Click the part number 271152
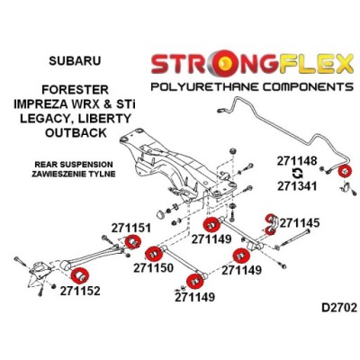click(x=80, y=291)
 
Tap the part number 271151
click(x=131, y=229)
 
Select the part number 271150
click(x=154, y=267)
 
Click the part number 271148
click(x=297, y=161)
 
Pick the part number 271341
click(x=297, y=186)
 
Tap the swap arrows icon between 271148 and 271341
click(x=297, y=174)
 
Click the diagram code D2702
click(x=339, y=308)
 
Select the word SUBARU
click(x=75, y=60)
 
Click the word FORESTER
click(x=75, y=89)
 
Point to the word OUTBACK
click(x=76, y=132)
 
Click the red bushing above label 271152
click(x=80, y=275)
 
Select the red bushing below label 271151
click(x=132, y=242)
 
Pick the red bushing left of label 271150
click(x=153, y=254)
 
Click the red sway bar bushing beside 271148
click(x=345, y=172)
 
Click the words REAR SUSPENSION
click(x=74, y=165)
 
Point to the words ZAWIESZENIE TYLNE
click(x=74, y=174)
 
